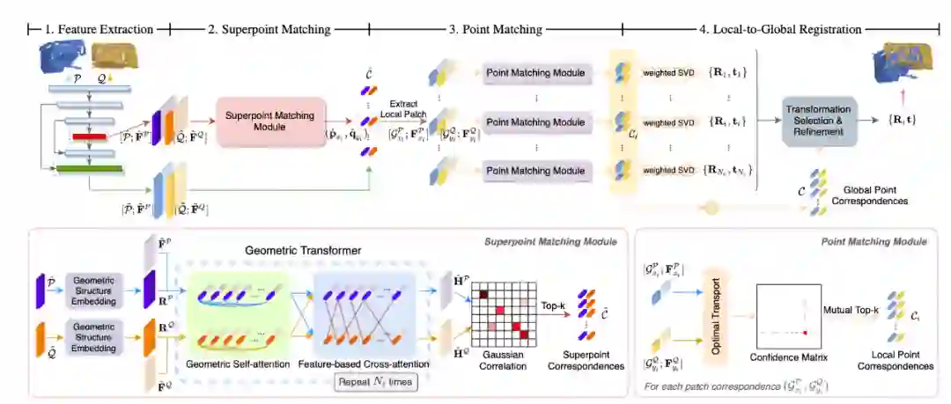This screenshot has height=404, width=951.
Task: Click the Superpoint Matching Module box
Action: tap(270, 122)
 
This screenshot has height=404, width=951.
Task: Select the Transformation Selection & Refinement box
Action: tap(818, 122)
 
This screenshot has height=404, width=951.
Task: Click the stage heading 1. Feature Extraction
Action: tap(99, 29)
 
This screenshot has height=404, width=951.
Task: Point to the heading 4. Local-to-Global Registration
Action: tap(779, 29)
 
